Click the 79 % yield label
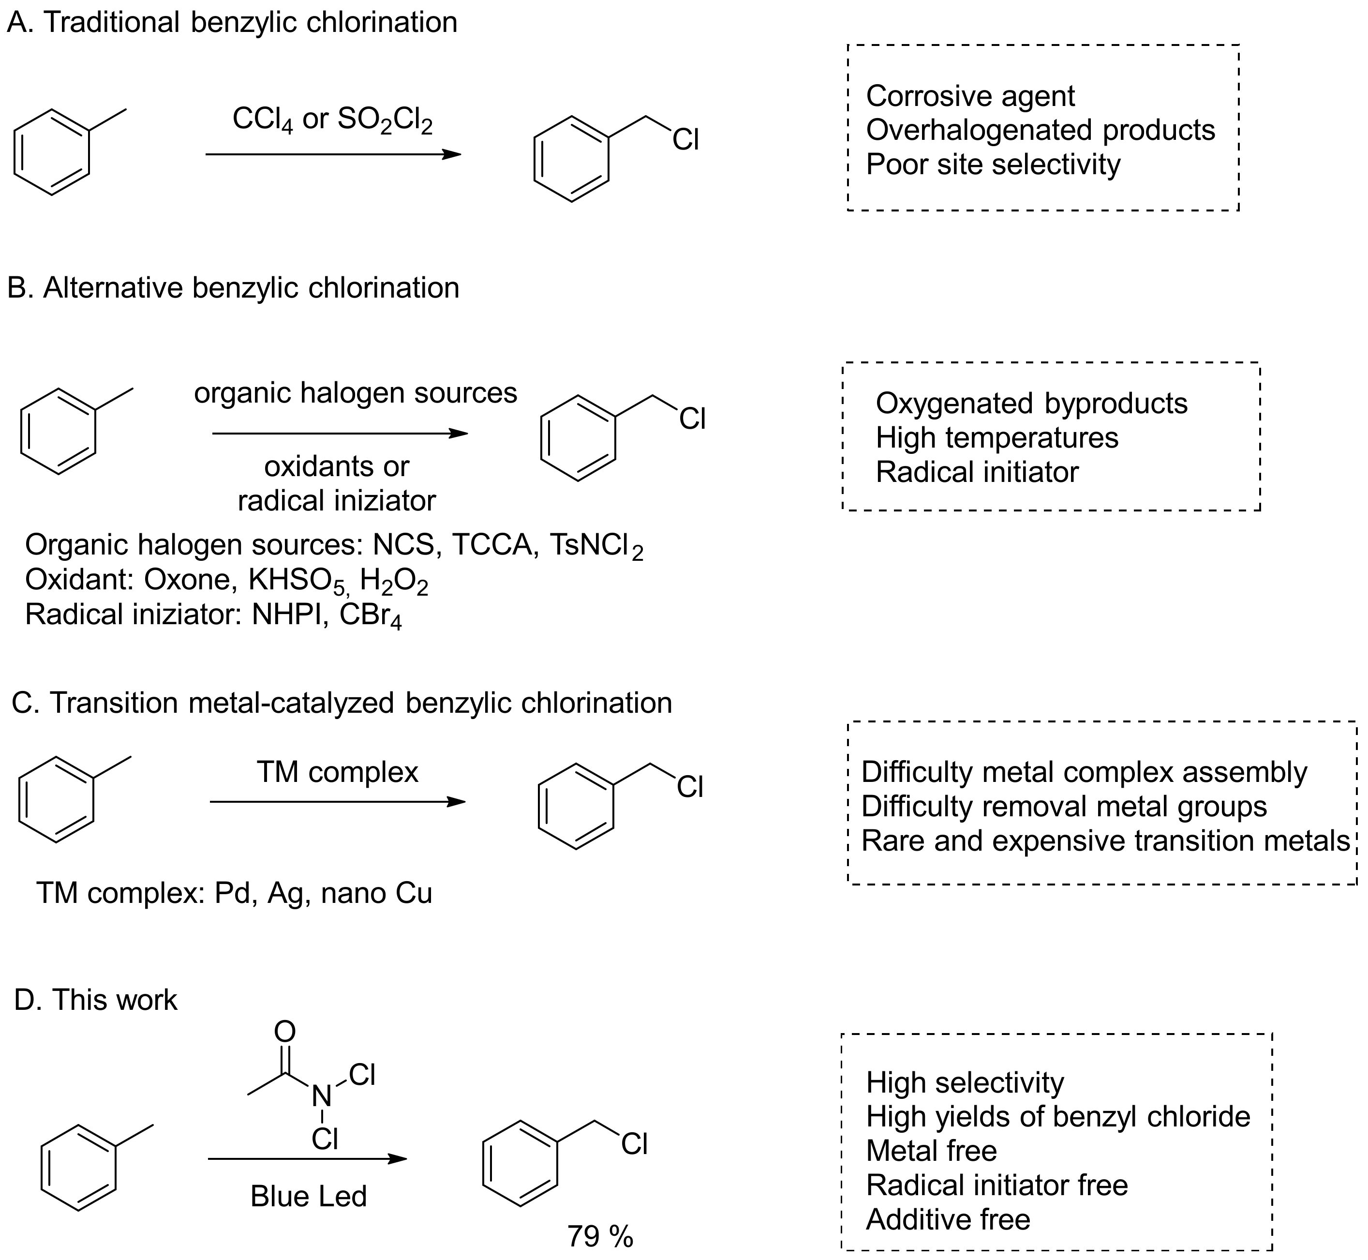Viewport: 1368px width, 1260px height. point(600,1235)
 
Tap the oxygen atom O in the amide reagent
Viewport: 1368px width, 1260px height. point(285,1032)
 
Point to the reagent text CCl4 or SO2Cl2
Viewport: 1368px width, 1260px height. point(333,120)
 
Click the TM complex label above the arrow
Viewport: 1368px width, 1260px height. point(337,772)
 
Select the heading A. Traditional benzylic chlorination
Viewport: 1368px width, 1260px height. point(232,22)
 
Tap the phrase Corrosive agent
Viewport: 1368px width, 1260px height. point(970,96)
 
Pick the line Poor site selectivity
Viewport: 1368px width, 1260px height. point(993,165)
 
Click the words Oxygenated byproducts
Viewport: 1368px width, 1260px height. point(1031,403)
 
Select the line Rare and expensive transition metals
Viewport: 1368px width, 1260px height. point(1105,840)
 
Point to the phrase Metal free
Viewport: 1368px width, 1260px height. point(931,1150)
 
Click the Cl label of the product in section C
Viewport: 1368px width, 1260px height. point(690,788)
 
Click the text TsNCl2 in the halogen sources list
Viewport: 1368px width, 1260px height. point(596,545)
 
